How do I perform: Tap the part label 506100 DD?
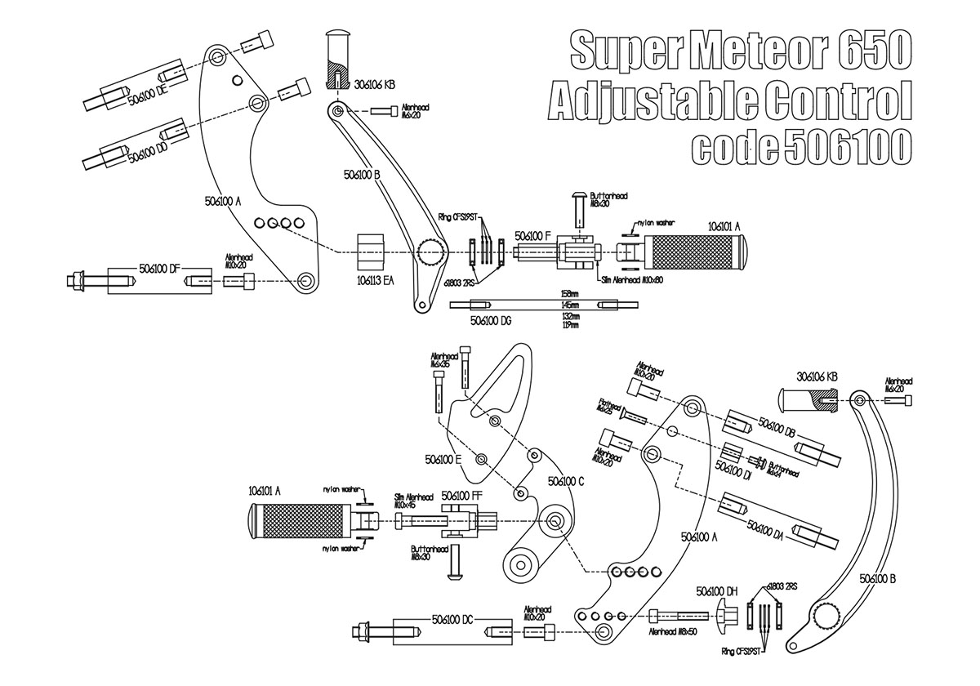[x=149, y=153]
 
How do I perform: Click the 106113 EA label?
[x=375, y=280]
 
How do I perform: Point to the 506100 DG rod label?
[x=491, y=322]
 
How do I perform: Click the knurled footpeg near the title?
[x=692, y=252]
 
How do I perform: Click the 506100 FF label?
[x=461, y=495]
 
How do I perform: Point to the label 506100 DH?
[x=716, y=590]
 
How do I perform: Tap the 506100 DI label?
[x=733, y=466]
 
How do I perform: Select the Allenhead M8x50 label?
[x=672, y=631]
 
